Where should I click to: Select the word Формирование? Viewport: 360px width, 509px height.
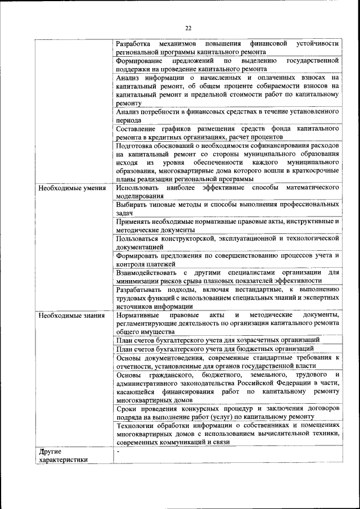click(140, 60)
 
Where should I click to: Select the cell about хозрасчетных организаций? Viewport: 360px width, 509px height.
click(218, 340)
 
